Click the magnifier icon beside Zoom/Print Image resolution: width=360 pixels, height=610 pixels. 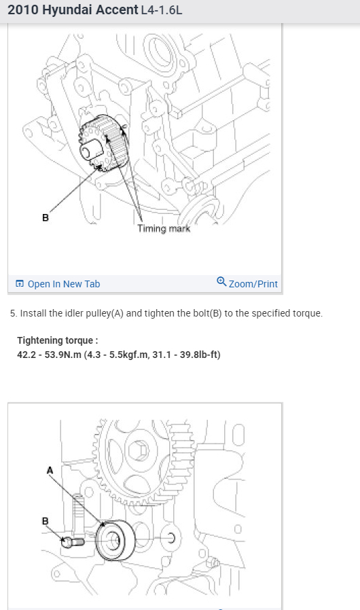pos(221,281)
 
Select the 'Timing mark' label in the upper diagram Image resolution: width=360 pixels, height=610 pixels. pos(164,228)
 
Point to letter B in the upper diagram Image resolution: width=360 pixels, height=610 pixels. pos(46,218)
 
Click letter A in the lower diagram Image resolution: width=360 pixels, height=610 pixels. pos(50,471)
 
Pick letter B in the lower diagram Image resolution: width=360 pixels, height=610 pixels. pos(45,521)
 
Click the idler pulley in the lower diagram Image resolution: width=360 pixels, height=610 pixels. pos(115,540)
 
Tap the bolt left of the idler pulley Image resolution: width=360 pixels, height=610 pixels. pos(73,541)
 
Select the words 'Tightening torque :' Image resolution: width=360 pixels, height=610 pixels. pos(58,340)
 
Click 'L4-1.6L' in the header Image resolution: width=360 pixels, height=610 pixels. pos(162,10)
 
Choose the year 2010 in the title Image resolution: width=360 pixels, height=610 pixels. pos(23,10)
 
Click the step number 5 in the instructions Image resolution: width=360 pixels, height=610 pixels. pos(13,314)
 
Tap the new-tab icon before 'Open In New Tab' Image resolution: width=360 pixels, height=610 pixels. pos(20,284)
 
